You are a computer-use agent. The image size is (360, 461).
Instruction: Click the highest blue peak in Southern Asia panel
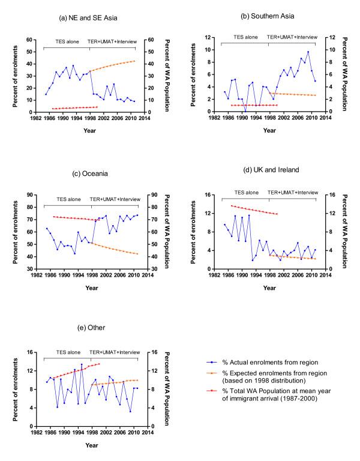click(x=308, y=52)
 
